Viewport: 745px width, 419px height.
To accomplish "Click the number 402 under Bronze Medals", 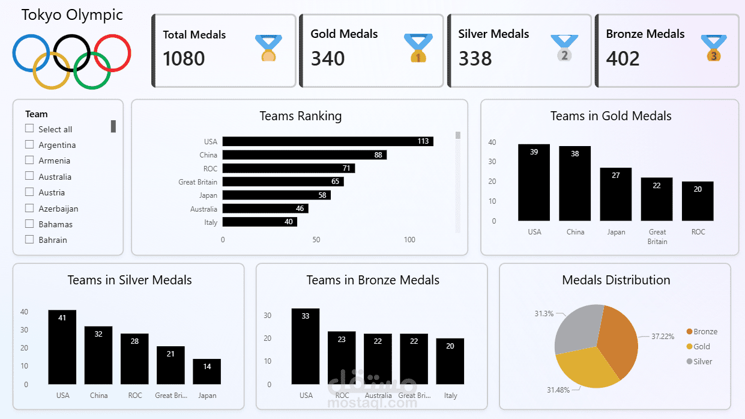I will point(623,59).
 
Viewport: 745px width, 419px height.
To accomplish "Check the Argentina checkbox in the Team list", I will point(29,144).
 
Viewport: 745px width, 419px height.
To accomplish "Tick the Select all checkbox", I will point(29,129).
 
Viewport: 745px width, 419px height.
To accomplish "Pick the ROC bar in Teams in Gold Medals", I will point(698,201).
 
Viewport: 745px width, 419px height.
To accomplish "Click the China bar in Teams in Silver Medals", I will point(98,355).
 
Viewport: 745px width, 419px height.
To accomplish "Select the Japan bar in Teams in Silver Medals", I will point(207,372).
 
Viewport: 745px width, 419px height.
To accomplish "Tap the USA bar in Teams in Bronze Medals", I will point(306,346).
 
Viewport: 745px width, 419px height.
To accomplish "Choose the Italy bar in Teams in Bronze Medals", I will point(450,361).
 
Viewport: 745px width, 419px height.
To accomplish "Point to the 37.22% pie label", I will point(662,336).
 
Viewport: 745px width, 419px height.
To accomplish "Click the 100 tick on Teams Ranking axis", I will point(409,240).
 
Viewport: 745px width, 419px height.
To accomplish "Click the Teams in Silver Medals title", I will point(130,280).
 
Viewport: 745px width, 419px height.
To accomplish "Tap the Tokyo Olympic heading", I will point(72,15).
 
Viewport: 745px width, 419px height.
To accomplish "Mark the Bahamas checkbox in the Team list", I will point(29,224).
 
